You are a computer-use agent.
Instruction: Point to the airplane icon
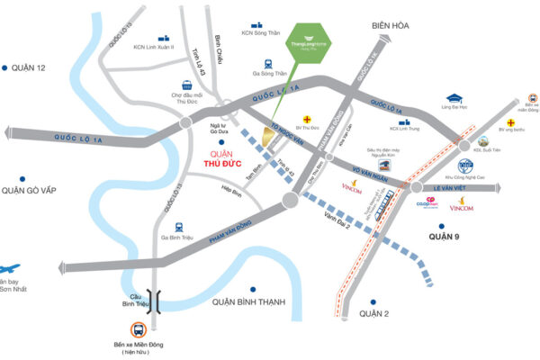click(x=9, y=267)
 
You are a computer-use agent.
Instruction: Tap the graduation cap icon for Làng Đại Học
click(x=454, y=99)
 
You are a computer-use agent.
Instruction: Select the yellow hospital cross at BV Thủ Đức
click(x=308, y=119)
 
